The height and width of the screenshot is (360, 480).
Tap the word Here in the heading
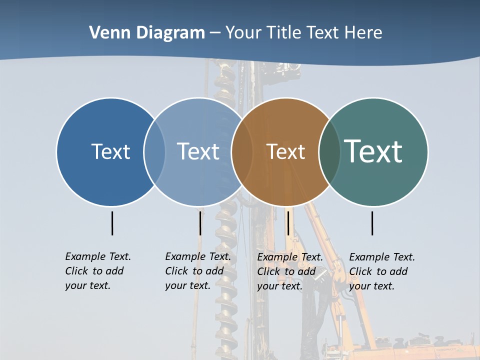pos(363,33)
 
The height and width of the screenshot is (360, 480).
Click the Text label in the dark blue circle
pos(110,151)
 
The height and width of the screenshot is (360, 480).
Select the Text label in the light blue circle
pos(198,151)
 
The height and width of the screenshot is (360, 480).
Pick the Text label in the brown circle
pos(285,151)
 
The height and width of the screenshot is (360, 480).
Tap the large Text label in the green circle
pos(373,151)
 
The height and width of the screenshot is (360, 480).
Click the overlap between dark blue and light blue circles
pos(154,151)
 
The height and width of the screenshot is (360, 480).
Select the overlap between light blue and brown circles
pos(242,151)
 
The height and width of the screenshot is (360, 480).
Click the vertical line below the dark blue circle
pos(112,223)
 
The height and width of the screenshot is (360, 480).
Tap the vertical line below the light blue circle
pos(200,223)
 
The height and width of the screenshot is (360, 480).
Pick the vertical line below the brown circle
pos(288,223)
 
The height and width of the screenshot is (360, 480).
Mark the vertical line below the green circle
pos(372,223)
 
